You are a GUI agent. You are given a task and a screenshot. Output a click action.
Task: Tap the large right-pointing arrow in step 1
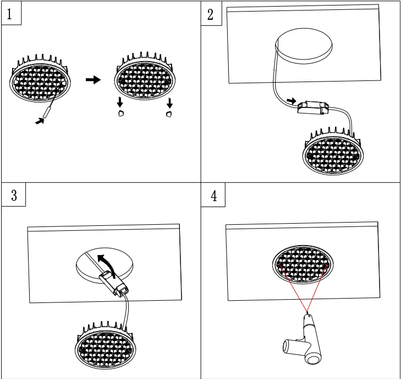[94, 80]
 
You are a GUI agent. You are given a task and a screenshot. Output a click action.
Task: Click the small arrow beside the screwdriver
[39, 120]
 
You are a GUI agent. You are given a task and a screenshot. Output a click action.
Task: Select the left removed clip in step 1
[122, 113]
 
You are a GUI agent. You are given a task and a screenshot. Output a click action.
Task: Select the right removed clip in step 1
[169, 113]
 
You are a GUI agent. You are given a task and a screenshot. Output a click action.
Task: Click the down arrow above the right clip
[169, 102]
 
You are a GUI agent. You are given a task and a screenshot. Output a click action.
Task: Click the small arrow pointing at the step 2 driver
[292, 102]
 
